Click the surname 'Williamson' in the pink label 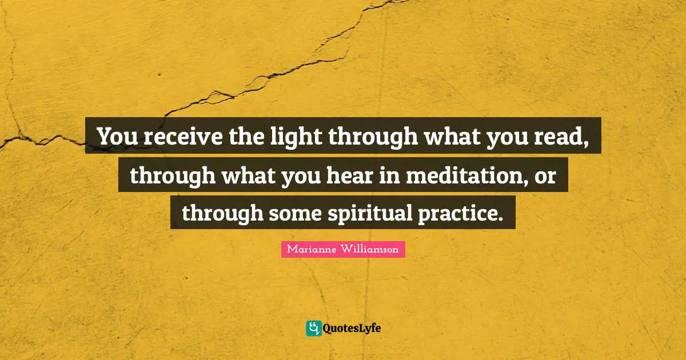pyautogui.click(x=371, y=249)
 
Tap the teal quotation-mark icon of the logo pyautogui.click(x=313, y=328)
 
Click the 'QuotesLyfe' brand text pyautogui.click(x=352, y=328)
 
